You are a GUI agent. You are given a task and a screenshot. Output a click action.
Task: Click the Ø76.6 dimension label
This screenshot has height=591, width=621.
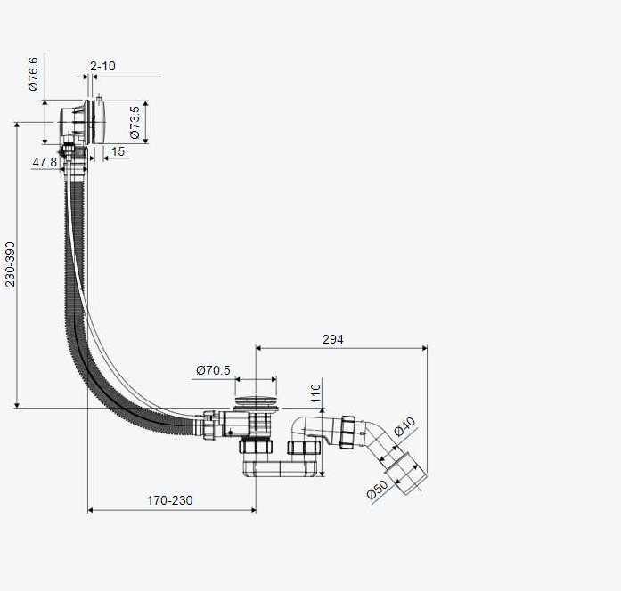tap(33, 74)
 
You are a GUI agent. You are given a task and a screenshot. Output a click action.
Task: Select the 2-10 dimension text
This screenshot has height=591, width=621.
tap(102, 66)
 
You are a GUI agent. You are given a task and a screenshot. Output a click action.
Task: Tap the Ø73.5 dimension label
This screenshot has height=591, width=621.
tap(135, 122)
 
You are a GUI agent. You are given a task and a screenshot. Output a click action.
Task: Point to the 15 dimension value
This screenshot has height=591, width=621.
tap(118, 151)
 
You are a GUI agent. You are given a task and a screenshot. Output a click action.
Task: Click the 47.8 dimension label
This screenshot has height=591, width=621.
tap(45, 162)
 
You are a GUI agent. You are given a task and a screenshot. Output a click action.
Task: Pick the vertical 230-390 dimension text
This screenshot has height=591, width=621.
tap(10, 263)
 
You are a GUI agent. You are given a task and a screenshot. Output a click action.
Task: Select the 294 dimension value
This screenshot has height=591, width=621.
tap(333, 339)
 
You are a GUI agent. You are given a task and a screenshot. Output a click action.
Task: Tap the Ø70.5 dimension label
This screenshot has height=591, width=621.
tap(213, 370)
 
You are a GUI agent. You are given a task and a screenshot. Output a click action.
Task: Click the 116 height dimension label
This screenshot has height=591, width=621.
tap(315, 393)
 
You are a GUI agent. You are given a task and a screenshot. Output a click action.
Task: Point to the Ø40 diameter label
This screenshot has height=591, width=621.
tap(404, 426)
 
